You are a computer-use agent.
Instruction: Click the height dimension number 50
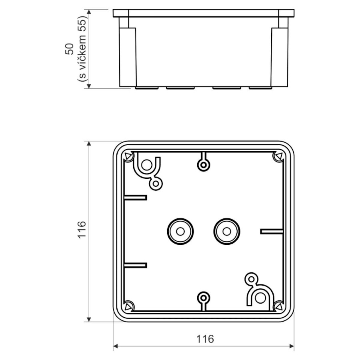(69, 49)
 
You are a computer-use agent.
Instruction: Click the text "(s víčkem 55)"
(82, 49)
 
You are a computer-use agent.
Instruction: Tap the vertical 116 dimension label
(82, 230)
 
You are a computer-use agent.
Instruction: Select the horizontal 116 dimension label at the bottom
(205, 339)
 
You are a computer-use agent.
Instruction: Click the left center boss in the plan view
(180, 232)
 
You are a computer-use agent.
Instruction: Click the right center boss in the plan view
(227, 232)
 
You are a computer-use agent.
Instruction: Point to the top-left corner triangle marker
(128, 156)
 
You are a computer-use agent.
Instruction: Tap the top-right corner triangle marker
(279, 156)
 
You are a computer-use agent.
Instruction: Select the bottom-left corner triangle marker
(128, 306)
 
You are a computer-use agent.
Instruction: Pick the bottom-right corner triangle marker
(279, 306)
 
